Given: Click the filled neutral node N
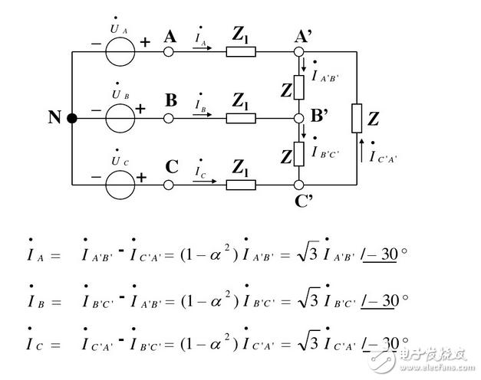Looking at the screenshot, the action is click(72, 118).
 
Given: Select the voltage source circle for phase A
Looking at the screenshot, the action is click(120, 38).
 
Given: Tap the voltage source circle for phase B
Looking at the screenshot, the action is click(120, 104).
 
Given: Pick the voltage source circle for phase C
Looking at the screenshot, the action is click(120, 171).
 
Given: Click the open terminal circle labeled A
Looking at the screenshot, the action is click(169, 52).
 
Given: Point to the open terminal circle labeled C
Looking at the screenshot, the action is click(169, 185).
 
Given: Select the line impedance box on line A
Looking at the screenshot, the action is click(241, 52).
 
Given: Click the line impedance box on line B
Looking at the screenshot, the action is click(241, 118).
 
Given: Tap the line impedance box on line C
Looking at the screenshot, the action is click(241, 185).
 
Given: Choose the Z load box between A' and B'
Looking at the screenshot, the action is click(298, 87).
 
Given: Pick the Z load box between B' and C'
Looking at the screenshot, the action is click(298, 154).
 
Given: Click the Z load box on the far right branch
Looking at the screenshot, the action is click(357, 118).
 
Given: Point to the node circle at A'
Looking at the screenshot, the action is click(298, 52).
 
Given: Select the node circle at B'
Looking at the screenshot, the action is click(298, 118).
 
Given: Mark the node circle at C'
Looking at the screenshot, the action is click(298, 185).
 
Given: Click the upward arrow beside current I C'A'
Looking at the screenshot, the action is click(361, 150).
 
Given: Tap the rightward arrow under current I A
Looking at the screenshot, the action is click(203, 47).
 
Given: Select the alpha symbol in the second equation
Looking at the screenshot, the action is click(216, 302).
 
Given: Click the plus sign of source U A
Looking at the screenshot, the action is click(145, 42).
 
